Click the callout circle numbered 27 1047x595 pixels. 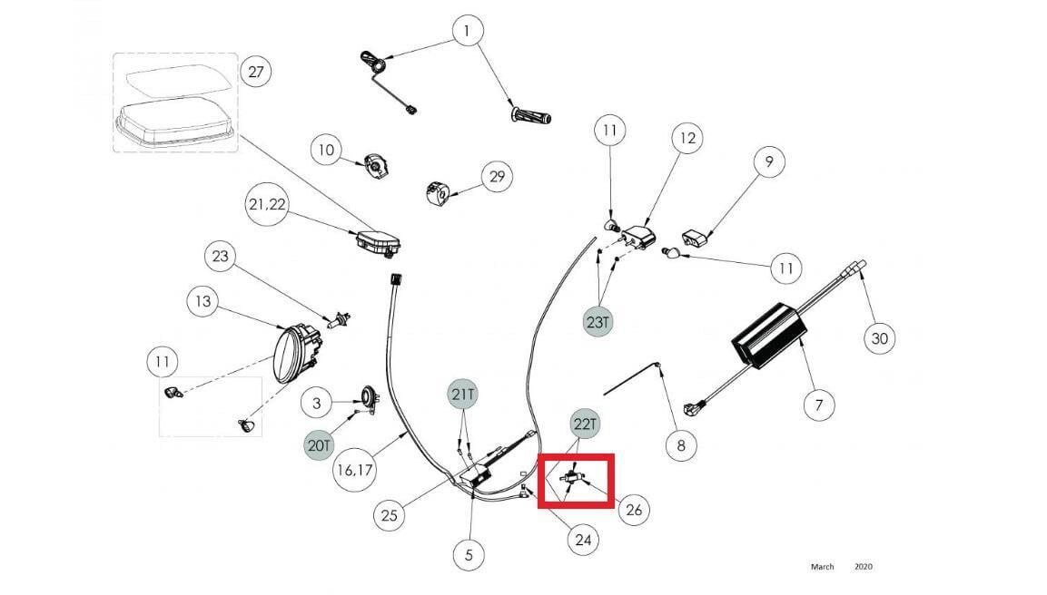pos(255,73)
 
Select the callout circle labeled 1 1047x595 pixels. pos(468,33)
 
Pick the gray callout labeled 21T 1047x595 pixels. pos(463,395)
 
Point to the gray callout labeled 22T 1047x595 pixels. pos(587,423)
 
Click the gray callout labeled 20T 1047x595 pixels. pos(320,445)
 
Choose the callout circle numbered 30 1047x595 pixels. pos(878,338)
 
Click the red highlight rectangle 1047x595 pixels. pos(577,482)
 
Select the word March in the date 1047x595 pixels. pos(822,567)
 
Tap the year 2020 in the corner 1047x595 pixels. pos(863,567)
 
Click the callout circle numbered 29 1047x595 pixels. pos(496,176)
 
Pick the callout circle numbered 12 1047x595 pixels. pos(686,138)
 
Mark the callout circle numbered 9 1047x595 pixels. pos(769,162)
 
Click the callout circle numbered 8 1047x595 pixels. pos(681,445)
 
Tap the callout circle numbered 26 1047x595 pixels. pos(634,511)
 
